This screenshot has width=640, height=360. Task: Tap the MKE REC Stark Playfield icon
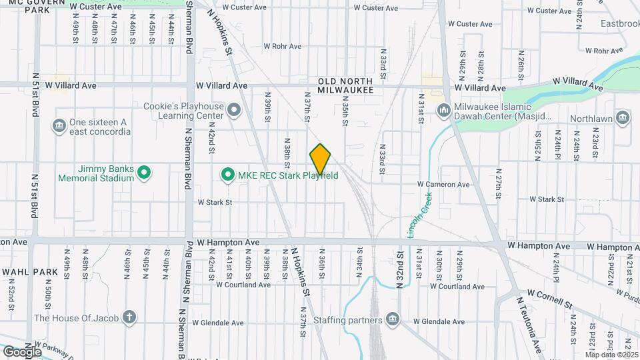click(x=227, y=175)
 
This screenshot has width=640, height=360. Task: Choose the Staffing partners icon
click(x=393, y=319)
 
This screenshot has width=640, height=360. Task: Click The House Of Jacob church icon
click(x=130, y=317)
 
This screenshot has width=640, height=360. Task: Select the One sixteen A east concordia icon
click(x=59, y=125)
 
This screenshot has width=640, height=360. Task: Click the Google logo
click(x=22, y=351)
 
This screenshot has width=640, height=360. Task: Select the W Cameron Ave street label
click(x=443, y=184)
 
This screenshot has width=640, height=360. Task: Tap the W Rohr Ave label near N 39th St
click(x=283, y=47)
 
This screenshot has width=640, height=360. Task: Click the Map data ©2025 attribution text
click(x=612, y=355)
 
